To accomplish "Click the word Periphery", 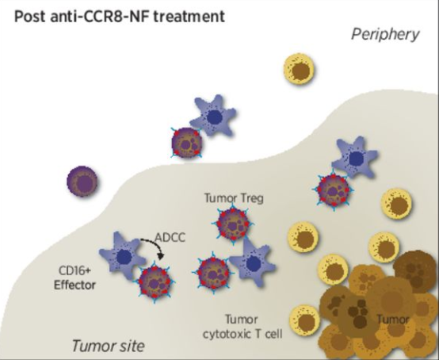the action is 385,35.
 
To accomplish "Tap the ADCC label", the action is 170,238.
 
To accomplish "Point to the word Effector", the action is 74,285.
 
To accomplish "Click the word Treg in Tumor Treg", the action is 250,198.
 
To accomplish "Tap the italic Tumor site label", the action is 109,346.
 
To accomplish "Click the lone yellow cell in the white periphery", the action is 299,69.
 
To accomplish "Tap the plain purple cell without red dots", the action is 82,182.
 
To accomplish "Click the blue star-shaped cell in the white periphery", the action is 214,116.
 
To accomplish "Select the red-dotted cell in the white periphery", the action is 186,142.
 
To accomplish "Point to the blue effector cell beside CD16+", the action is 122,255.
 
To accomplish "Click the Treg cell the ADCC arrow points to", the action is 155,281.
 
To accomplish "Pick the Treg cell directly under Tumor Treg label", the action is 233,224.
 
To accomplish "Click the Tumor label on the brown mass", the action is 393,320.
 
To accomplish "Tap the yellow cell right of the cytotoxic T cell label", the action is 304,321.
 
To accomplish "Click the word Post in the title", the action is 29,17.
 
